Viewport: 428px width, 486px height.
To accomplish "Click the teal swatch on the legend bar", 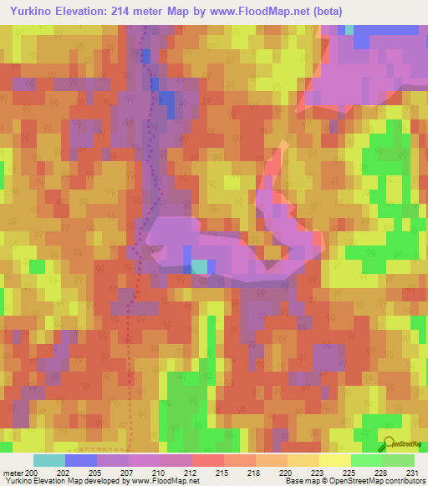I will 49,460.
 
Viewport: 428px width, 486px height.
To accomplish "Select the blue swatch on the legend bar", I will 81,460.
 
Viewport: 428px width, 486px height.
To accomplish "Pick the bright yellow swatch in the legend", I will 334,460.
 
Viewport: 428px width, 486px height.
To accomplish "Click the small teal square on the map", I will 200,266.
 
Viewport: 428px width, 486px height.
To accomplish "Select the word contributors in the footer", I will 402,481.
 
